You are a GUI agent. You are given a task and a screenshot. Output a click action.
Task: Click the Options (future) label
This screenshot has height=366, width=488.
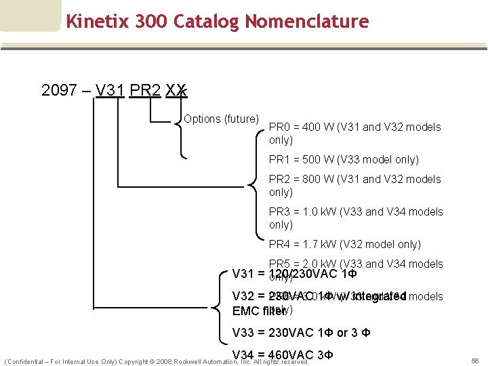[x=221, y=119]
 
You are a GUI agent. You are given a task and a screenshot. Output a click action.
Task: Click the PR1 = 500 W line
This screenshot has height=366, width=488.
[x=344, y=159]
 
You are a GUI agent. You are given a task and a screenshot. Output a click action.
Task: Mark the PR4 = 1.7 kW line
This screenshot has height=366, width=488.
[x=344, y=244]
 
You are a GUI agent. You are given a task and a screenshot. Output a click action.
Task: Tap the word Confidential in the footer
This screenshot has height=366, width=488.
[x=27, y=362]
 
